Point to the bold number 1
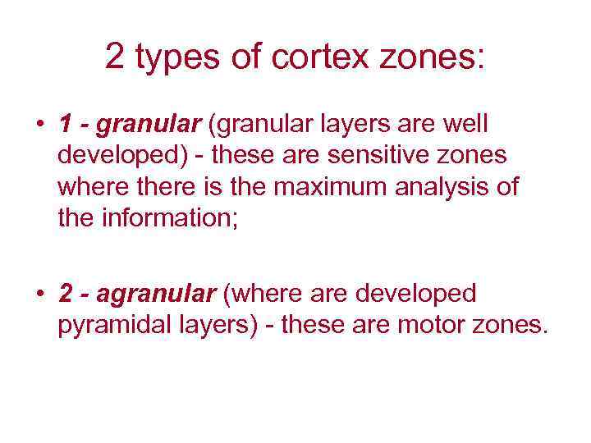tap(65, 125)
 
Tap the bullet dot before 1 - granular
tap(39, 126)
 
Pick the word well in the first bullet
tap(464, 125)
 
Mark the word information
tap(167, 219)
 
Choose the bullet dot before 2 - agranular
tap(39, 293)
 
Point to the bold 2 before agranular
tap(66, 293)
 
